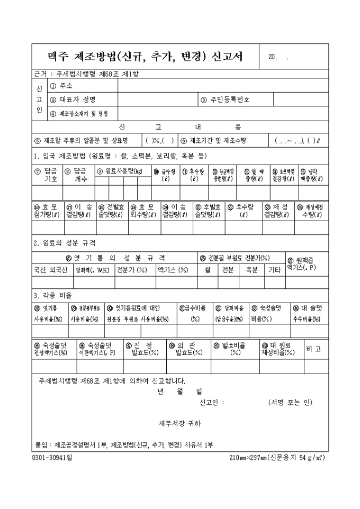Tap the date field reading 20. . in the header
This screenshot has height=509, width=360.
coord(278,57)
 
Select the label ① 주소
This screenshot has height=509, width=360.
coord(61,85)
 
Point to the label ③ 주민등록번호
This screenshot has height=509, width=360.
coord(226,99)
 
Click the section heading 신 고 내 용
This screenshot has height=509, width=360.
coord(180,127)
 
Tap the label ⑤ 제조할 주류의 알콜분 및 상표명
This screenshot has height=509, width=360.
coord(85,141)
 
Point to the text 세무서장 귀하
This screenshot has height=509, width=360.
coord(180,424)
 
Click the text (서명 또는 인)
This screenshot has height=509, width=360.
coord(291,402)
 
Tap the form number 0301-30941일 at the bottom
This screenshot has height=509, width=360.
coord(53,458)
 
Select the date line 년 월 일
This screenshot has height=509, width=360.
coord(180,392)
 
